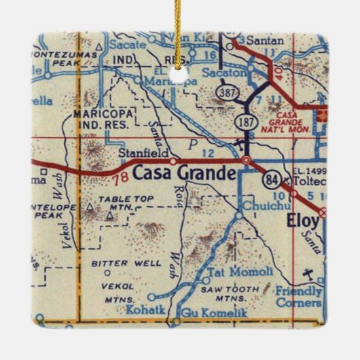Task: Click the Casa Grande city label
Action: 184,174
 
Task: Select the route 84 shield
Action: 271,180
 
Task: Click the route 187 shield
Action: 246,121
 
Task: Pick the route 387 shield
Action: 226,91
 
